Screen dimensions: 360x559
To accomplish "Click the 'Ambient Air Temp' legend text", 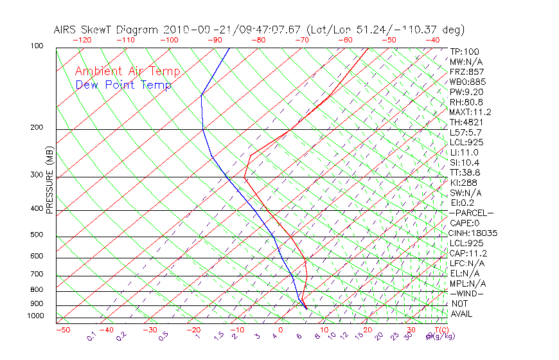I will pos(127,71).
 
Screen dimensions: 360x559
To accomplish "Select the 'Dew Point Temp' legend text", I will pos(123,85).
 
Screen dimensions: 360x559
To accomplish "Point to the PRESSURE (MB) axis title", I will pos(49,180).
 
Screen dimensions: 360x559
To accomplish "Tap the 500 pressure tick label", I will pos(36,235).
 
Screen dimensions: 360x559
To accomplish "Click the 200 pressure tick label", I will pos(36,128).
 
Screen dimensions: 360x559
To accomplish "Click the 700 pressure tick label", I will pos(36,275).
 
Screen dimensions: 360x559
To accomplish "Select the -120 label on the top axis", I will pos(82,40).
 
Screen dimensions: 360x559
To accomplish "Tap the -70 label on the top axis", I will pos(301,40).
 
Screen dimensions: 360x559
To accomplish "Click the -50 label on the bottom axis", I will pos(62,330).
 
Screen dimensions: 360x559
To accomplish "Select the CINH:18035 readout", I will pos(474,233).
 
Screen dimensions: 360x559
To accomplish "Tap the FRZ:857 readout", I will pos(467,72).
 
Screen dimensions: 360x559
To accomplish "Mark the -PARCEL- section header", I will pos(471,213).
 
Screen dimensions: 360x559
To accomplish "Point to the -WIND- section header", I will pos(467,293).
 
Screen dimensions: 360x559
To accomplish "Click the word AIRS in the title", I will pos(66,30).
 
